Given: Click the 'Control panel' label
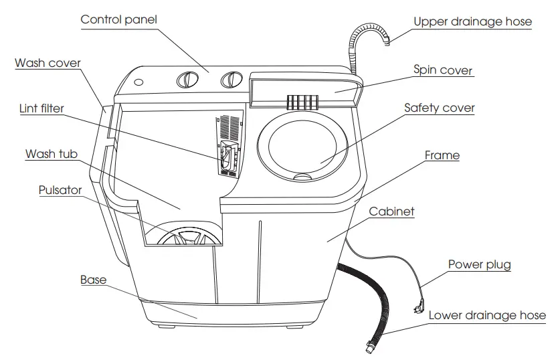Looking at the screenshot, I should (x=118, y=19).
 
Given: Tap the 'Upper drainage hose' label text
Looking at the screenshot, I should (x=472, y=21).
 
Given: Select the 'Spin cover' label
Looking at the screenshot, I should (x=442, y=70).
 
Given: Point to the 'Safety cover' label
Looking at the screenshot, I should (x=439, y=108).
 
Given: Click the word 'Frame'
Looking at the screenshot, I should (x=442, y=155).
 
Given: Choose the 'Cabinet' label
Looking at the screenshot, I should (x=391, y=211).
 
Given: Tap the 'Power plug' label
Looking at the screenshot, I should (x=479, y=264).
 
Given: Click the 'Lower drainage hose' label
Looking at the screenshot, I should (x=486, y=314).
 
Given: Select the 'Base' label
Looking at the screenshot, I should (x=93, y=280).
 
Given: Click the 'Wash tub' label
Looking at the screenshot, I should (x=51, y=154).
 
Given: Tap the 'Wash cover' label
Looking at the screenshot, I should (x=48, y=64).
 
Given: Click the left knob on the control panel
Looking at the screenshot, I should (x=187, y=80).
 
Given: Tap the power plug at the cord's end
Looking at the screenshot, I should (x=418, y=306).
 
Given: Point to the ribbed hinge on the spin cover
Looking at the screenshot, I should (x=301, y=102).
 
